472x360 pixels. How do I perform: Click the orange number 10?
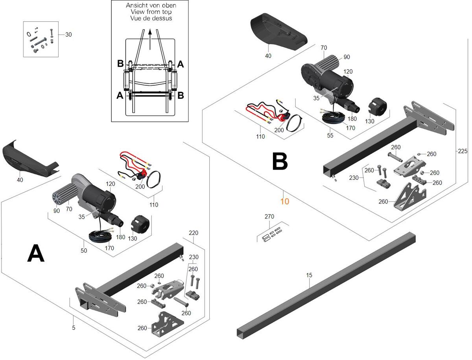(285, 201)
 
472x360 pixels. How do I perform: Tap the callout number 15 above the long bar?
(309, 275)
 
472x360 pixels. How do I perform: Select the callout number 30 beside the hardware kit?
(68, 35)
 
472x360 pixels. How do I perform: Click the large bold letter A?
(35, 253)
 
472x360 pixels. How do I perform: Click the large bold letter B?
(280, 161)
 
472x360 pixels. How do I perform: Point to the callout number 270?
(269, 217)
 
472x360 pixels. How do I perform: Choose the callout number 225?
(462, 151)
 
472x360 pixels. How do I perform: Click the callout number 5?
(74, 327)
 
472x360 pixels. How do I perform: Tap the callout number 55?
(330, 135)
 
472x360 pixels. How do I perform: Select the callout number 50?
(84, 251)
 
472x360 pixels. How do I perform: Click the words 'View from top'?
(149, 12)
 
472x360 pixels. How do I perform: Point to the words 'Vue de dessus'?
(150, 18)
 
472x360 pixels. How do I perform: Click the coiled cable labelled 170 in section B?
(333, 117)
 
